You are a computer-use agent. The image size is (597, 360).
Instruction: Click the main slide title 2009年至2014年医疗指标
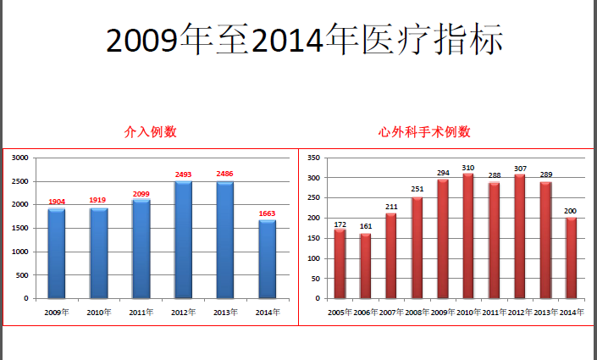point(307,38)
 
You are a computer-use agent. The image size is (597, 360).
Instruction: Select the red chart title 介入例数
point(150,132)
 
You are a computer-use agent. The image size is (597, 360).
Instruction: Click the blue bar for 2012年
point(183,240)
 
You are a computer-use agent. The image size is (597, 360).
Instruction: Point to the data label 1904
point(57,202)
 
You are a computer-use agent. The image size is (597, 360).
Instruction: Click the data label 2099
point(141,194)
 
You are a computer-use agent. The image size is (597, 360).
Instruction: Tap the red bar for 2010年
point(468,235)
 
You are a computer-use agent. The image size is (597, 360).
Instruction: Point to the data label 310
point(468,167)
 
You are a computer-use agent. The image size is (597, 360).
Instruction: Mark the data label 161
point(366,227)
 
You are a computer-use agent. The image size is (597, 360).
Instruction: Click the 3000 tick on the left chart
point(19,158)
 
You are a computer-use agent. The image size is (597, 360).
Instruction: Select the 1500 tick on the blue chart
point(19,228)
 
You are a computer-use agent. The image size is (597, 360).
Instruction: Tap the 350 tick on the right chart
point(312,158)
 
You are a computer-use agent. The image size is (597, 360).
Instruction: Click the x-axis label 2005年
point(340,313)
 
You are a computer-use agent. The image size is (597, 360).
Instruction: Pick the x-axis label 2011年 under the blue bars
point(141,313)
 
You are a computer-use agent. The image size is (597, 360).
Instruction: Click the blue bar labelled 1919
point(99,253)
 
